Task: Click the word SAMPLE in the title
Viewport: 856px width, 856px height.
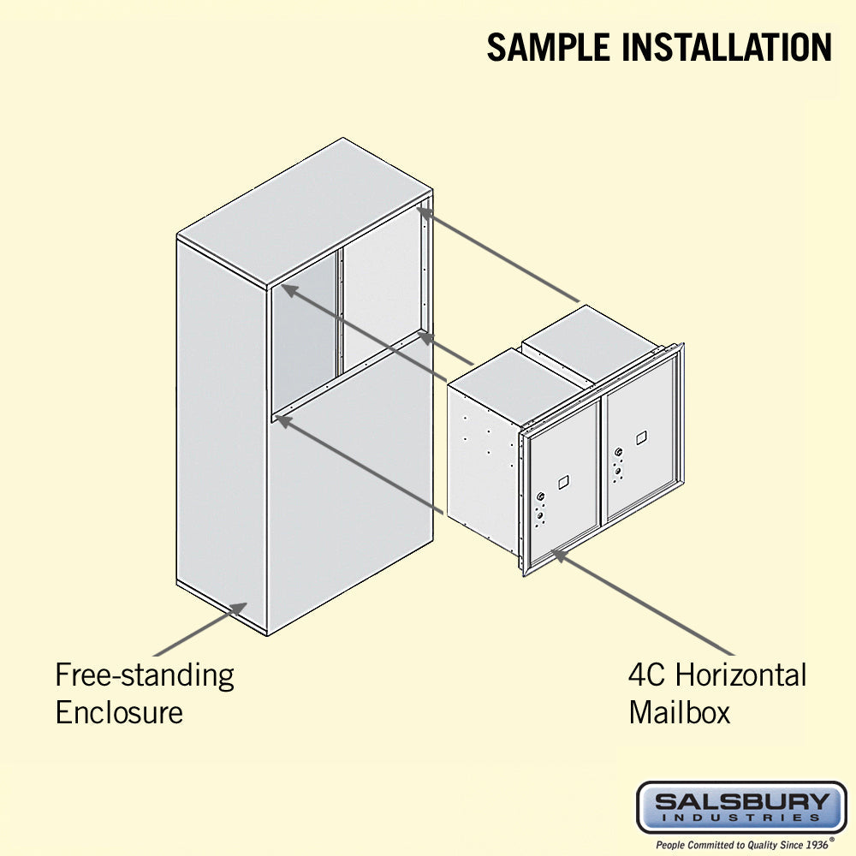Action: pyautogui.click(x=549, y=47)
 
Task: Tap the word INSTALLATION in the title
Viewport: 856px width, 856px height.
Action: pyautogui.click(x=727, y=47)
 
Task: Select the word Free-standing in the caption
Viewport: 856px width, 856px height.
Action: pyautogui.click(x=145, y=676)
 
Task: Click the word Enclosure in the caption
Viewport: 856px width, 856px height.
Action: pyautogui.click(x=119, y=712)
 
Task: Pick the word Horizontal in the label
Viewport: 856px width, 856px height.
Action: pyautogui.click(x=741, y=675)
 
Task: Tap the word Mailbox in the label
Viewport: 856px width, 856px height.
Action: pyautogui.click(x=679, y=712)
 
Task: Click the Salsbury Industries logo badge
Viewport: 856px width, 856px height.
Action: pyautogui.click(x=742, y=807)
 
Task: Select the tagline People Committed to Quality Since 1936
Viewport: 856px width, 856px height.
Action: pyautogui.click(x=742, y=845)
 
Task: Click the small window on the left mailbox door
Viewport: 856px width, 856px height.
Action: pyautogui.click(x=563, y=482)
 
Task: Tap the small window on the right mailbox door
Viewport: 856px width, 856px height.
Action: pyautogui.click(x=641, y=437)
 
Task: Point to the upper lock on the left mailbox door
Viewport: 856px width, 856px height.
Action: pyautogui.click(x=540, y=496)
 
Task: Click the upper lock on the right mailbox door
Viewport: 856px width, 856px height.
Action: pyautogui.click(x=618, y=452)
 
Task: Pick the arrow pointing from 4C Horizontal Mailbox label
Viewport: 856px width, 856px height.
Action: pyautogui.click(x=643, y=602)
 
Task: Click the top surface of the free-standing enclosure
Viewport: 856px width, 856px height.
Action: pyautogui.click(x=306, y=212)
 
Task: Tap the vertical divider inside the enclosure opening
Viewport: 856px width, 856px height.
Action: pyautogui.click(x=341, y=311)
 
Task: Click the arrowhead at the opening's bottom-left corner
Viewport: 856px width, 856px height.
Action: pyautogui.click(x=284, y=421)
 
